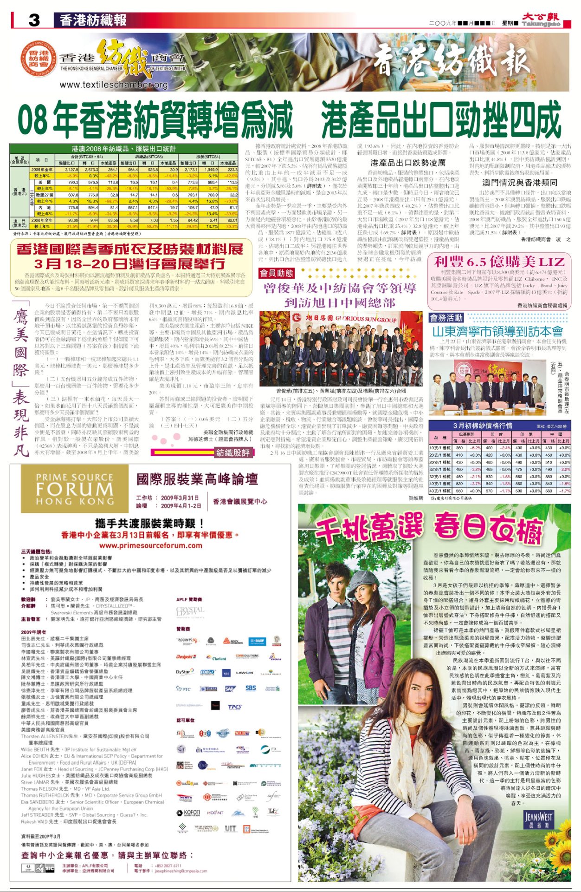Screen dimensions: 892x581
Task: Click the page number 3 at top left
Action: tap(34, 20)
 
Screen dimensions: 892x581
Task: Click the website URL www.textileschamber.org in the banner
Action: tap(113, 85)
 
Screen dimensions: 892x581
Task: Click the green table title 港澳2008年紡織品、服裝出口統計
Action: tap(123, 149)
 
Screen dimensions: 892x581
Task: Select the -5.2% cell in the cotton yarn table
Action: tap(475, 448)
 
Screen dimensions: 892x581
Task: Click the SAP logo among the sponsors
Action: tap(230, 689)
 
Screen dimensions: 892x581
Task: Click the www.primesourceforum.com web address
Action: tap(151, 545)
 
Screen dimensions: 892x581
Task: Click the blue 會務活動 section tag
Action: tap(446, 318)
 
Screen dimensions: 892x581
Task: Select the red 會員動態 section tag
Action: tap(276, 273)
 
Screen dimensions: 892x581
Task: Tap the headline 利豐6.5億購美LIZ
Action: tap(499, 262)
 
